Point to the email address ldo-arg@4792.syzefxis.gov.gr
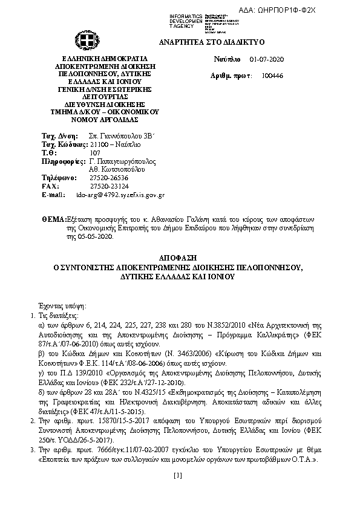pos(120,195)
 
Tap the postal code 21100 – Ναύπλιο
pos(114,145)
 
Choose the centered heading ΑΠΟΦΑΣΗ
pos(179,257)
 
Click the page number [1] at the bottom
pos(177,476)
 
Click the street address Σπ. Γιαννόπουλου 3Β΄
pos(122,137)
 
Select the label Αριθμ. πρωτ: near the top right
pos(231,76)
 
